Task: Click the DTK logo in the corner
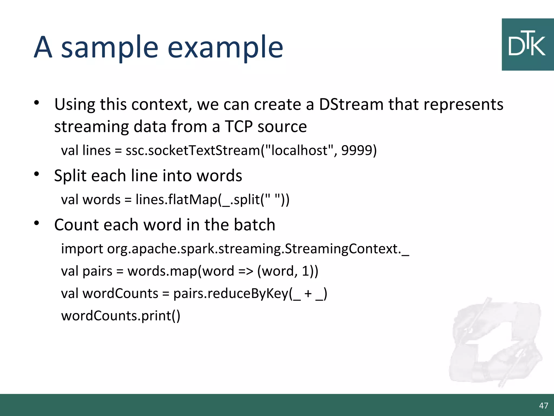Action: click(527, 45)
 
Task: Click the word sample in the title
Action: click(110, 48)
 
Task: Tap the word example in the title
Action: click(225, 48)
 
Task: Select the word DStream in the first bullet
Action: click(351, 104)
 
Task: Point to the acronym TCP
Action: click(239, 126)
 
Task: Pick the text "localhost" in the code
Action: click(300, 150)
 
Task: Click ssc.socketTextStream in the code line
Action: click(193, 151)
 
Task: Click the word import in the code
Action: click(82, 249)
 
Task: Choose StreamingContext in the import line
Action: click(342, 249)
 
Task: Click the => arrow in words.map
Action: click(246, 271)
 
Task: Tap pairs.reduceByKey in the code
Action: click(231, 294)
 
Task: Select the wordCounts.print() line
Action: click(121, 316)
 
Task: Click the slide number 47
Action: click(543, 405)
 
